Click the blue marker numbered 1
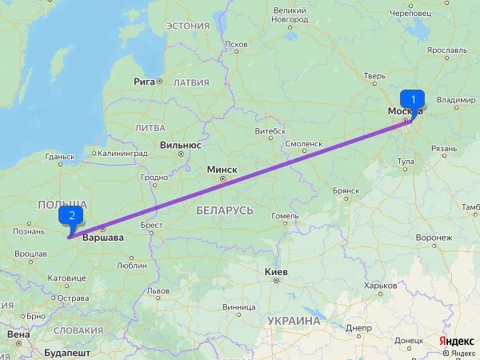point(412,100)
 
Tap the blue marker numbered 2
point(72,215)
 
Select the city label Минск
point(222,170)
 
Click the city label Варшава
point(104,238)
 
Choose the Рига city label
point(144,82)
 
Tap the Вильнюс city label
point(180,145)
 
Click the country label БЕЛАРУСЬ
point(225,210)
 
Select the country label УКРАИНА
point(294,321)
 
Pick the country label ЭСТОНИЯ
point(187,26)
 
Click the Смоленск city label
point(303,144)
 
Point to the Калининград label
point(121,153)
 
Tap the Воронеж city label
point(434,238)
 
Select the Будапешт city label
point(66,352)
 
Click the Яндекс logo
point(457,342)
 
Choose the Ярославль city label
point(446,50)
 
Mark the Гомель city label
point(285,216)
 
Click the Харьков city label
point(380,285)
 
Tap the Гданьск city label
point(60,157)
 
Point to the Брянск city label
point(346,191)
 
